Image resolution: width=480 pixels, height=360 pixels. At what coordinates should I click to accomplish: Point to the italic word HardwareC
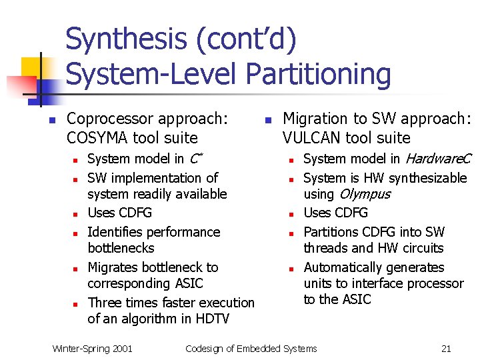[438, 159]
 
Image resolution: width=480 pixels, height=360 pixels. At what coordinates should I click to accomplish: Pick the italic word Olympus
[365, 194]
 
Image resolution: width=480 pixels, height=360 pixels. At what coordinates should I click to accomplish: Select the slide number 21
[446, 348]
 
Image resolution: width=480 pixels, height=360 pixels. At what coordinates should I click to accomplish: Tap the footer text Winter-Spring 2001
[93, 348]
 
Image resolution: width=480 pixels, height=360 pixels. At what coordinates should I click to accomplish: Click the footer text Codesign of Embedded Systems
[251, 348]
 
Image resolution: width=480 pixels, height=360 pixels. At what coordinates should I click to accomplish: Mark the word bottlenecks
[121, 248]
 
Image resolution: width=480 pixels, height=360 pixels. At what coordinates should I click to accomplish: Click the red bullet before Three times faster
[77, 303]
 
